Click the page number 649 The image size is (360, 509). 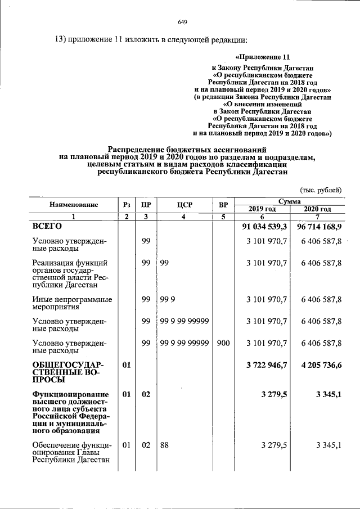pyautogui.click(x=182, y=22)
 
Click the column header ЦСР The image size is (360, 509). pyautogui.click(x=184, y=205)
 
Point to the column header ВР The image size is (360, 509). pyautogui.click(x=223, y=205)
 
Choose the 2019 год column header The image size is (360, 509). pyautogui.click(x=262, y=209)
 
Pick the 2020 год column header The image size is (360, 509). pyautogui.click(x=317, y=209)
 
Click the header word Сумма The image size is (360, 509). pyautogui.click(x=289, y=201)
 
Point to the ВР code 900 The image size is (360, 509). pyautogui.click(x=223, y=343)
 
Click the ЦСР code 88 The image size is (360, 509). pyautogui.click(x=164, y=445)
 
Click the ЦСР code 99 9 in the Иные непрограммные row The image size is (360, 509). pyautogui.click(x=166, y=299)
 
